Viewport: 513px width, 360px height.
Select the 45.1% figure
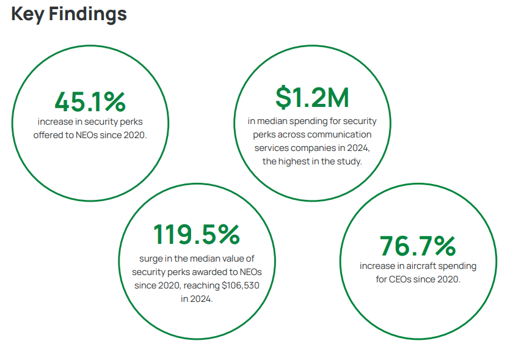click(x=90, y=101)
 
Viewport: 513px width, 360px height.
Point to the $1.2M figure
click(x=311, y=98)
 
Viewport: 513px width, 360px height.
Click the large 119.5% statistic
click(x=196, y=234)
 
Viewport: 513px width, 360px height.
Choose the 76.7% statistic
click(x=418, y=246)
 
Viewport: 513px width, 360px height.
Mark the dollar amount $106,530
click(x=240, y=285)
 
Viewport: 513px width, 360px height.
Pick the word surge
click(x=151, y=259)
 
